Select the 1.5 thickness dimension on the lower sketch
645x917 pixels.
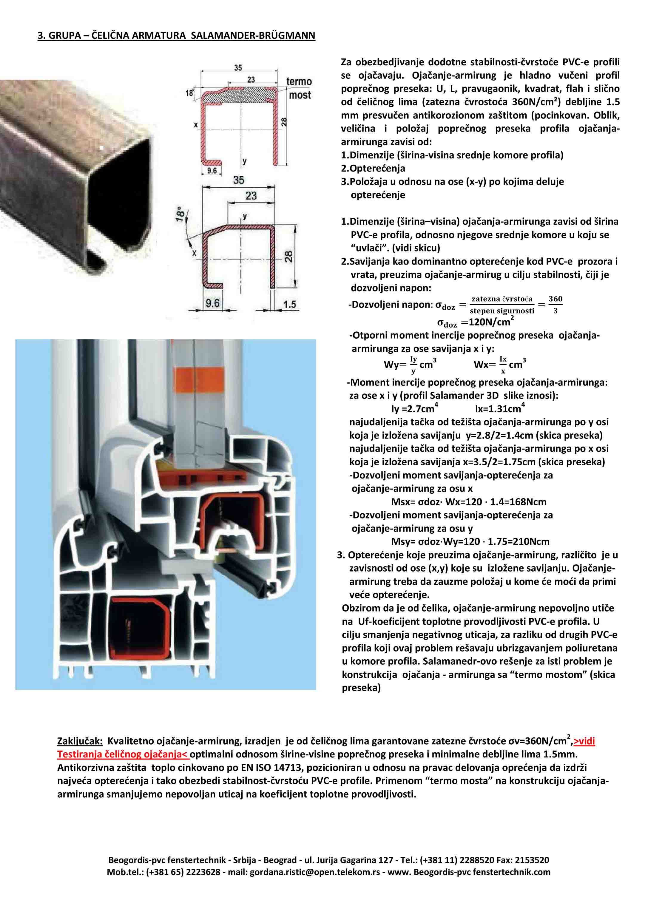290,304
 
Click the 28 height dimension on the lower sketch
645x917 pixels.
288,257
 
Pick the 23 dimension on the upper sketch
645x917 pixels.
251,79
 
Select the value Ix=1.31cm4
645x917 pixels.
500,409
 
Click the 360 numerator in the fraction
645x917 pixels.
555,299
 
